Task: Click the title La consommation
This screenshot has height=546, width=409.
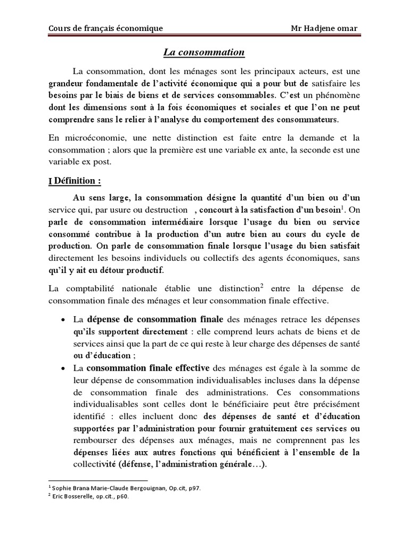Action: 203,52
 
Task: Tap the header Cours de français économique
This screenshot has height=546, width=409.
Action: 105,28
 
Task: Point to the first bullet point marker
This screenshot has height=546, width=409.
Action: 63,320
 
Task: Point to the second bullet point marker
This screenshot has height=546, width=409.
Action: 63,368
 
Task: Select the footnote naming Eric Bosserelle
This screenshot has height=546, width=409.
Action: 88,496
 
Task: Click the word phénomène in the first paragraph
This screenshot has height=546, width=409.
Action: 334,96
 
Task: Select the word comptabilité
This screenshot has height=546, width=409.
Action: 93,288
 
